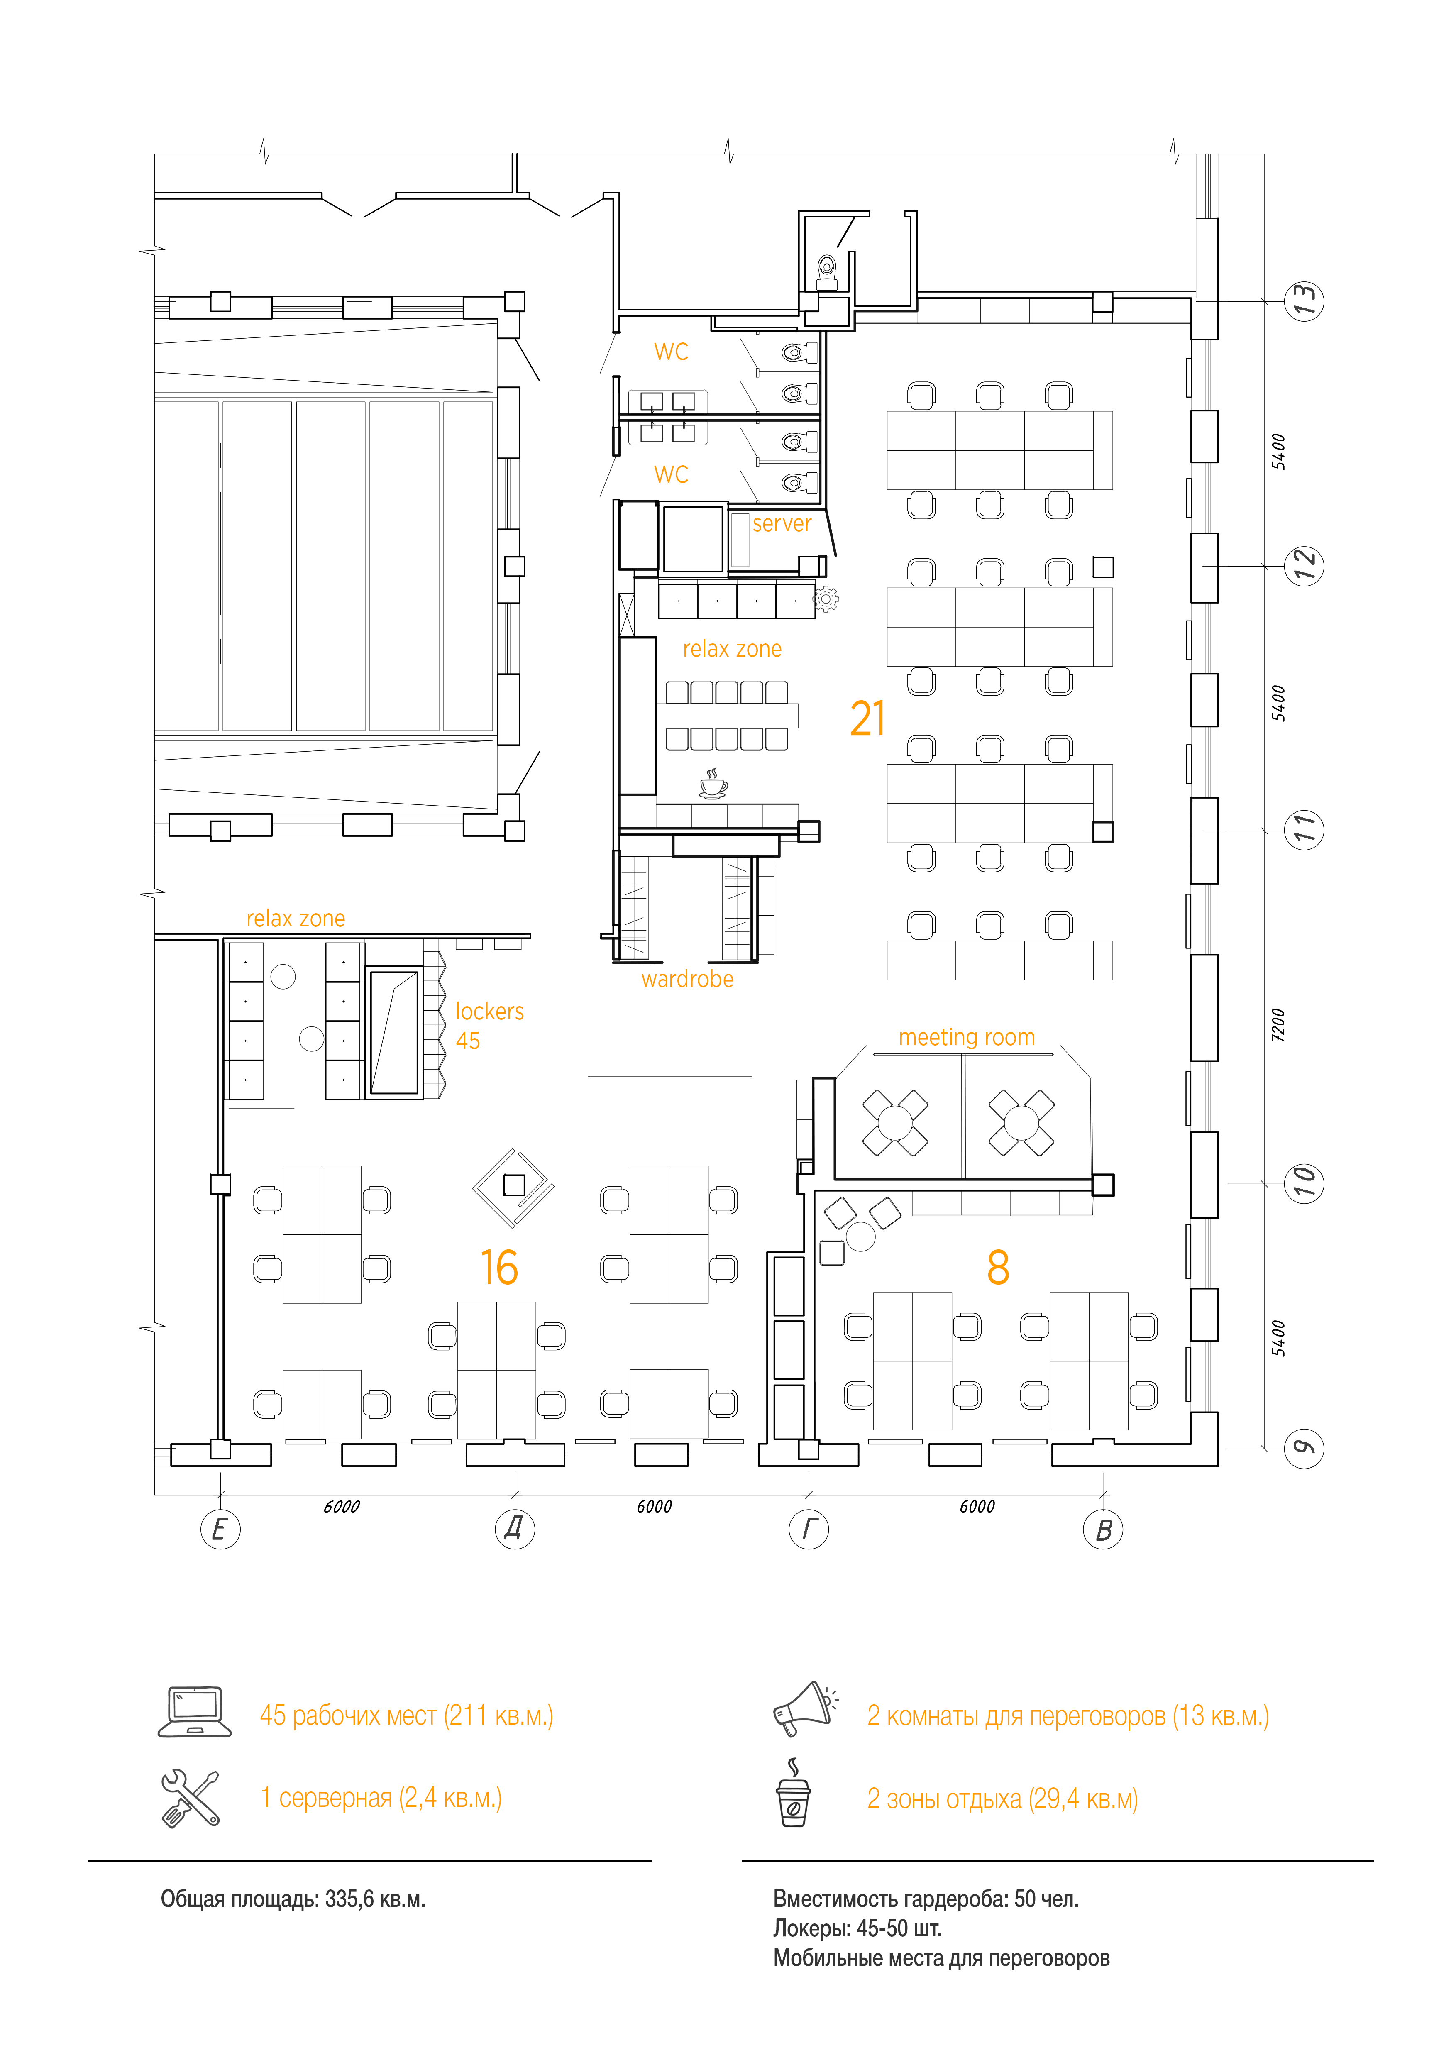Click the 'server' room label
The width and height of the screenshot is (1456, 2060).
[x=782, y=524]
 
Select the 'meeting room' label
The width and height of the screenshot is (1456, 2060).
[x=967, y=1038]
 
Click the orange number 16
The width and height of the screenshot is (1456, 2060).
[x=499, y=1268]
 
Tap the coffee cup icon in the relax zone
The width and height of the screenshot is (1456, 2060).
[x=713, y=784]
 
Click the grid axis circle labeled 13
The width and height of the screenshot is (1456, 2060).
[x=1304, y=301]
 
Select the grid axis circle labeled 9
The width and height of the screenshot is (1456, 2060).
[x=1304, y=1448]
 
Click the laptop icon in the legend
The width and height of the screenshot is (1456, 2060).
[x=195, y=1712]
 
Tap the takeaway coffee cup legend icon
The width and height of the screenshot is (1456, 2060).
[x=793, y=1793]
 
